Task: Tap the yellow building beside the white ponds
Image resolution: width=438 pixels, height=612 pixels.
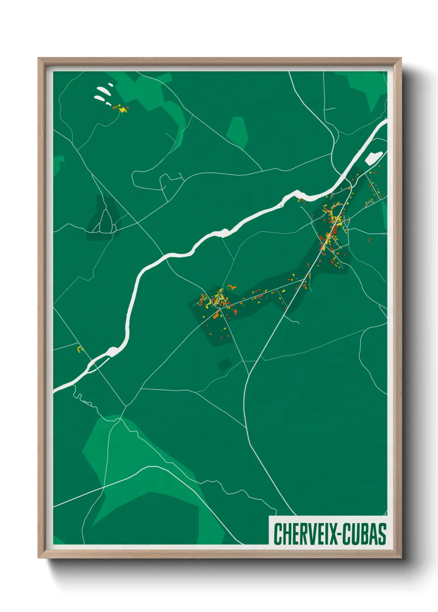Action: coord(123,110)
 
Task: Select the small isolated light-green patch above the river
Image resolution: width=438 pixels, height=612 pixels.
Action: coord(238,131)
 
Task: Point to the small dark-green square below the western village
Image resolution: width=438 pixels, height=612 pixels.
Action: coord(225,364)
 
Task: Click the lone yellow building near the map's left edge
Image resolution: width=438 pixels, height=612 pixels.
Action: coord(79,349)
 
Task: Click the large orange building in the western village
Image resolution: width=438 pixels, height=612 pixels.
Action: coord(216,316)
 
